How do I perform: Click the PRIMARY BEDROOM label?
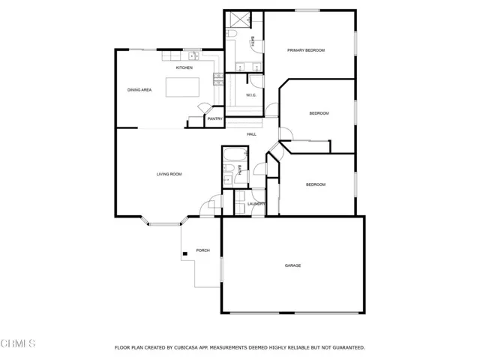point(307,50)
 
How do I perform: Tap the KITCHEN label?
point(184,68)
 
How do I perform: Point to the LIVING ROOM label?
point(169,174)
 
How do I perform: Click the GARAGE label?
point(292,265)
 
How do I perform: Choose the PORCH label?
point(202,250)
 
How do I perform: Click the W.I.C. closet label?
point(252,94)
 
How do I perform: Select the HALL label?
point(252,134)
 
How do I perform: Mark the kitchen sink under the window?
point(193,55)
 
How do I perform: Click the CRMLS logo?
point(18,344)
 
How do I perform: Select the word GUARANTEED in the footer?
point(348,348)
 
